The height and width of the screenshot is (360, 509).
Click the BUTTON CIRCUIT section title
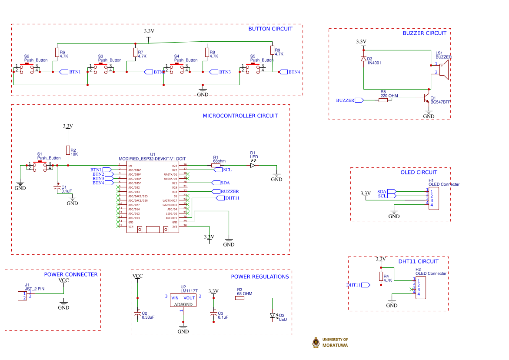tap(270, 29)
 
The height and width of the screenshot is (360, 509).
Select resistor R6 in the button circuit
tap(57, 53)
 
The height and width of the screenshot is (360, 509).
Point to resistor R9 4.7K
tap(272, 50)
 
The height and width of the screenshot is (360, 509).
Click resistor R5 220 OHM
tap(383, 100)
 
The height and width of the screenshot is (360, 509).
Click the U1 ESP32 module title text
tap(152, 159)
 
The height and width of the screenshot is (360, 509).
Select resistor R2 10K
tap(68, 150)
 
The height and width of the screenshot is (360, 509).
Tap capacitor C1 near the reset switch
tap(57, 188)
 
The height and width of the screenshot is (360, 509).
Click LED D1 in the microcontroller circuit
tap(253, 165)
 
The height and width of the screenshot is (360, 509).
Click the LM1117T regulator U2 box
tap(183, 300)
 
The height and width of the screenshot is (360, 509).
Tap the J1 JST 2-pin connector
tap(22, 296)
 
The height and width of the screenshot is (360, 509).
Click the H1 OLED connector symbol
tap(433, 198)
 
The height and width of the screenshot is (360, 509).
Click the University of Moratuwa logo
tap(316, 343)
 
